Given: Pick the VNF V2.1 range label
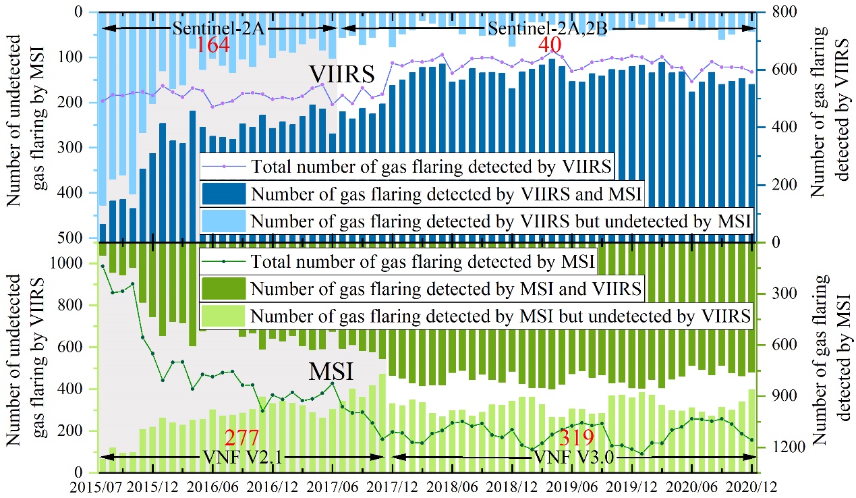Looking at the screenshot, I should pos(241,456).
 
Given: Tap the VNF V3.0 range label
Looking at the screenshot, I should pos(571,456).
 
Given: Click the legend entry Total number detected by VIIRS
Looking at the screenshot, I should pos(431,165).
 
